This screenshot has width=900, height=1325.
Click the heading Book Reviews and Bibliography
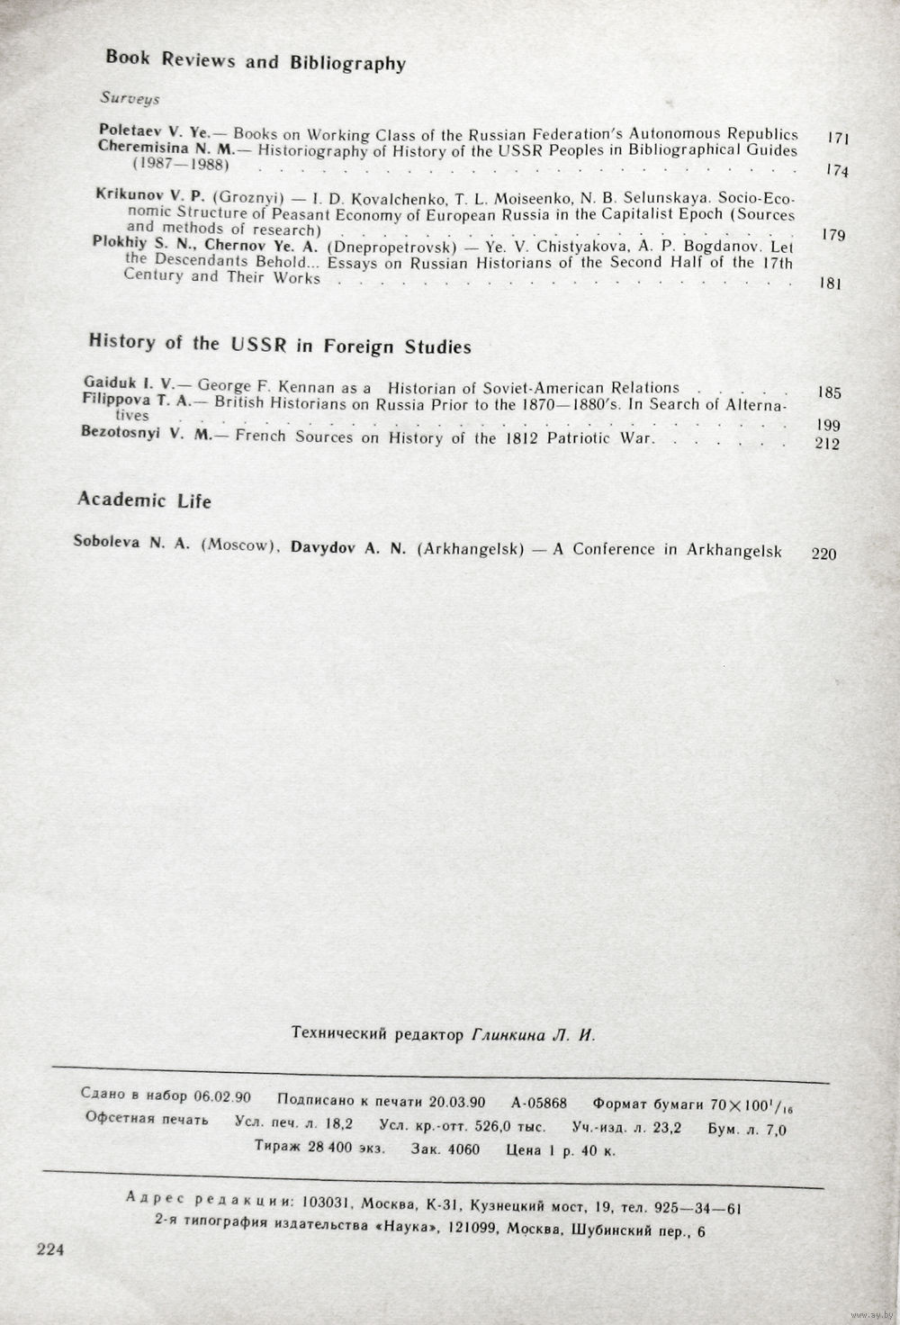(256, 60)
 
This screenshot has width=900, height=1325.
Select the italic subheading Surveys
(130, 98)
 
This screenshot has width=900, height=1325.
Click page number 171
(838, 138)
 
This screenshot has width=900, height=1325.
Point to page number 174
(836, 170)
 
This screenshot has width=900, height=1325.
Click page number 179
(833, 235)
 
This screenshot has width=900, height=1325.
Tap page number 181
(830, 284)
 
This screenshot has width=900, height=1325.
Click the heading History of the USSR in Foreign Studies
(280, 344)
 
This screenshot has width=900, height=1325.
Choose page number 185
(828, 392)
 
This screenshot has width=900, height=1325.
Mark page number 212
(826, 443)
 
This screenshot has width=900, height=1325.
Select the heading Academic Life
(144, 500)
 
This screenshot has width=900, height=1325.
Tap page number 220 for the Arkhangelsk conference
(823, 553)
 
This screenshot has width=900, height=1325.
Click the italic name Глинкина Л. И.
(533, 1035)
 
